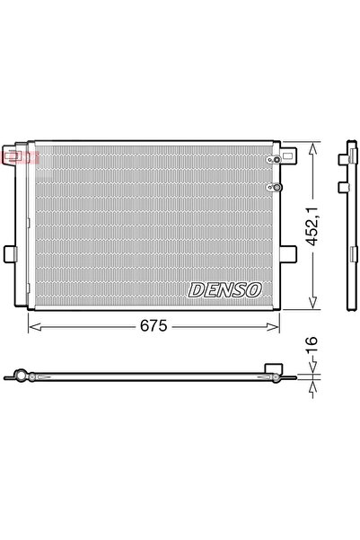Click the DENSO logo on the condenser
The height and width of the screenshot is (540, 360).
point(225,289)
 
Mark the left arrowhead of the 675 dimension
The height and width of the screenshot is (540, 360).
point(34,327)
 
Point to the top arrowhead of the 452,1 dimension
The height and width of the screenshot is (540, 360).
point(310,146)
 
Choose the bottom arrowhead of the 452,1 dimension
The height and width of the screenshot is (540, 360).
point(310,304)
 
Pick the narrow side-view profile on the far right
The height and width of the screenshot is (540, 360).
point(346,225)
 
